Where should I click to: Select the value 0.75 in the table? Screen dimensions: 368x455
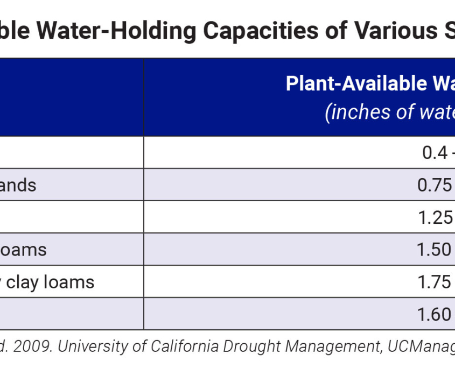click(434, 185)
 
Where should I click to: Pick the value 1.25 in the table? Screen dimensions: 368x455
click(434, 217)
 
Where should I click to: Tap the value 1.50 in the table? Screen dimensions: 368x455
click(434, 250)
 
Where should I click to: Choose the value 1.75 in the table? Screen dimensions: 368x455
click(434, 282)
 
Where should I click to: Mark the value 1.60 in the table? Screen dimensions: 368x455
click(434, 314)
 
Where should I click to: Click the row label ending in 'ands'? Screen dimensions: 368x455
click(18, 185)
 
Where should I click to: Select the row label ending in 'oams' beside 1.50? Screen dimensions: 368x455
click(24, 250)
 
